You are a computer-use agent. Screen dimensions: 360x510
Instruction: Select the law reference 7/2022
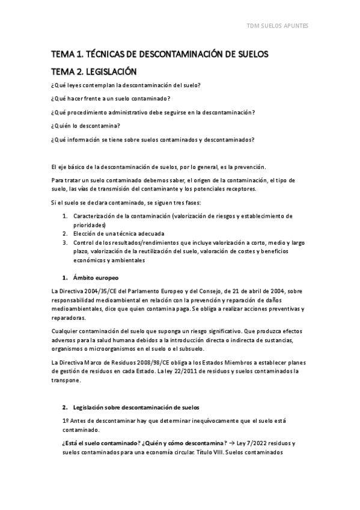click(x=258, y=443)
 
